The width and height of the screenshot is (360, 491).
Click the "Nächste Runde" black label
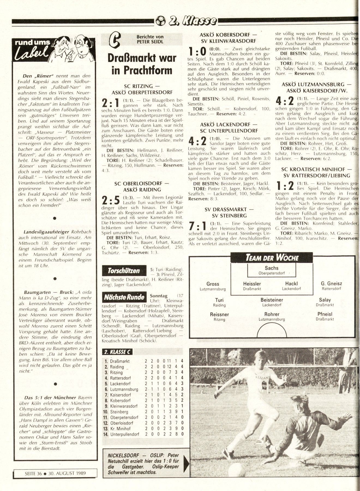point(124,297)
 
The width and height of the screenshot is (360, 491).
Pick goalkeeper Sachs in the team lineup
point(272,268)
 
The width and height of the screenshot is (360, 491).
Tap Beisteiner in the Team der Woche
point(272,300)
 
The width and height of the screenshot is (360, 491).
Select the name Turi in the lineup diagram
point(219,300)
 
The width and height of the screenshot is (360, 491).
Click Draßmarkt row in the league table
point(120,361)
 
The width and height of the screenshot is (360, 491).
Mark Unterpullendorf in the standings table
point(125,434)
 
